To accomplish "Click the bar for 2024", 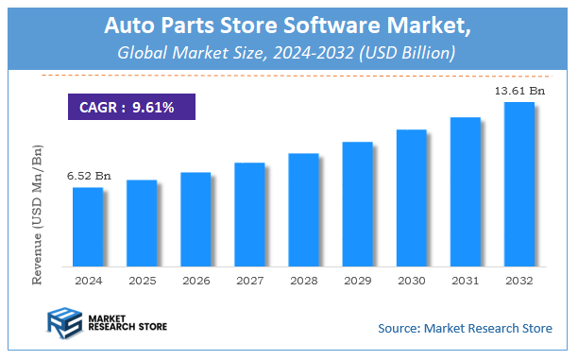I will coord(88,226).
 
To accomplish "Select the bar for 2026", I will coord(195,218).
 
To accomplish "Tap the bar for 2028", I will coord(303,209).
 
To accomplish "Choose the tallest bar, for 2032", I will coord(518,183).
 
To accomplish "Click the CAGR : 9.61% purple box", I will coord(131,107).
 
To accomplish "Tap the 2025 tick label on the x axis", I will coord(142,281).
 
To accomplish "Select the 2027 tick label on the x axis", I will coord(249,281).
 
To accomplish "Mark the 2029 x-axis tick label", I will coord(357,281).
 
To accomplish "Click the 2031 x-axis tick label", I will coord(465,281).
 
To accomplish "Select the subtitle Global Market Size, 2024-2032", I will coord(288,54).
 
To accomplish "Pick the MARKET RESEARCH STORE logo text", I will coord(127,324).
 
